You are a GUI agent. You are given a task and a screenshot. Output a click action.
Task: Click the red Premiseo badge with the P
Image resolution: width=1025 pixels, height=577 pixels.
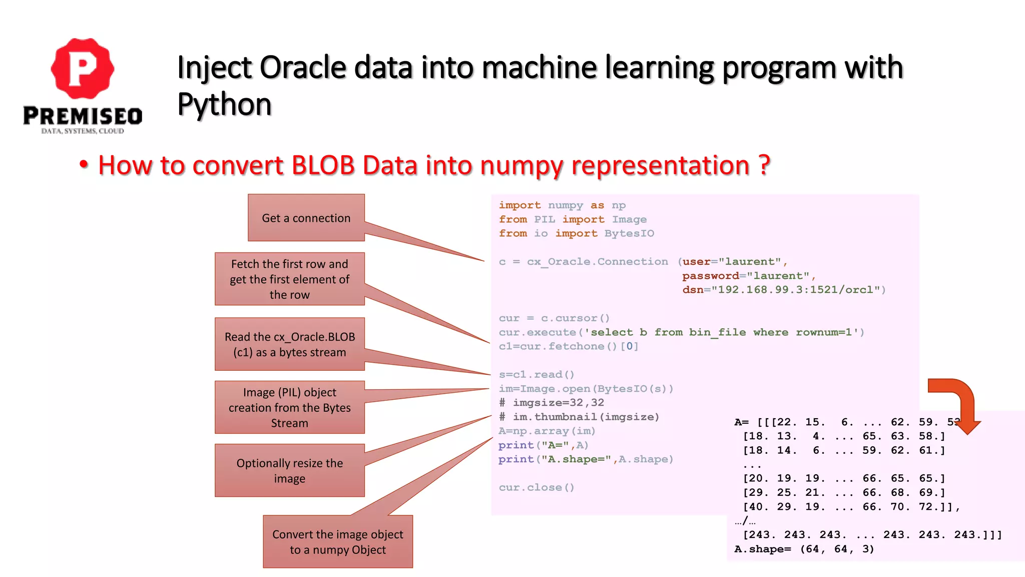click(x=83, y=69)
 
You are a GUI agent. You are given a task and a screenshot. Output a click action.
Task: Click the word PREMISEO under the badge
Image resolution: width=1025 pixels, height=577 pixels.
click(x=83, y=116)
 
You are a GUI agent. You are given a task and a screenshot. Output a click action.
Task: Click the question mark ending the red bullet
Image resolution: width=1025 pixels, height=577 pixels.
click(x=764, y=165)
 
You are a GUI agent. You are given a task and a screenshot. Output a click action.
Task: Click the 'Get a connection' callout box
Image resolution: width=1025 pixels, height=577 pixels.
click(x=306, y=218)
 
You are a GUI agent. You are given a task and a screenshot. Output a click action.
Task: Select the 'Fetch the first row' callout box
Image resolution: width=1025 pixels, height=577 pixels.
click(x=289, y=279)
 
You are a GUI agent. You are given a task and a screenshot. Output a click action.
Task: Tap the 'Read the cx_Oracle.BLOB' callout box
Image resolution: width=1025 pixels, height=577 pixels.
click(x=289, y=344)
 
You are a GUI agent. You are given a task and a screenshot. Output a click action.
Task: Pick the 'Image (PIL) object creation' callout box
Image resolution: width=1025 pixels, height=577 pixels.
click(x=289, y=407)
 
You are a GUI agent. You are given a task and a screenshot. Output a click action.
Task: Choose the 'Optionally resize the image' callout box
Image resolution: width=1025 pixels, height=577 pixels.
click(x=289, y=470)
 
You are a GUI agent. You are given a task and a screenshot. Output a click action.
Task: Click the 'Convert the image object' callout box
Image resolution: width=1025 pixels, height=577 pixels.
click(x=338, y=542)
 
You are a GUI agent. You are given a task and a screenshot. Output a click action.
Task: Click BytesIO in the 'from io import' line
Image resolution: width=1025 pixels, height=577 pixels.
click(x=629, y=233)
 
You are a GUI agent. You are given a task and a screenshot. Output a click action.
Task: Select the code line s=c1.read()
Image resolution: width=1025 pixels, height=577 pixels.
click(x=536, y=375)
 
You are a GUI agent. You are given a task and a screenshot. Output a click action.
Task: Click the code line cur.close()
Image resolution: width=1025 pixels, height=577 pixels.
click(x=536, y=487)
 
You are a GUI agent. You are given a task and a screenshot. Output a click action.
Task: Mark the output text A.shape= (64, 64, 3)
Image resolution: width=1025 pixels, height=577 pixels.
click(x=804, y=549)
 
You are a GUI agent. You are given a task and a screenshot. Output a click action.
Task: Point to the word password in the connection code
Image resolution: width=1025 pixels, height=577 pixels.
click(x=710, y=276)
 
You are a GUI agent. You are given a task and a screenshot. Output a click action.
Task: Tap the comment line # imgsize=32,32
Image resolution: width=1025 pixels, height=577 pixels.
click(x=551, y=403)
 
